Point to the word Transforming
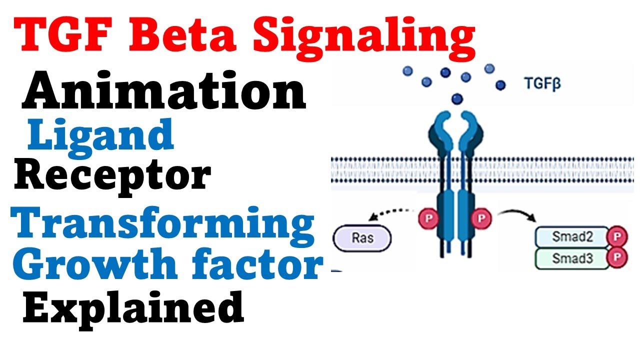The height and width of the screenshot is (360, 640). pos(165,224)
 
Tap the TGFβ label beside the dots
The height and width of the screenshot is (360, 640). pos(542,83)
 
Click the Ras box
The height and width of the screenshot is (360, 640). pos(362,237)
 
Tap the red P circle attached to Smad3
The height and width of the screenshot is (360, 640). pos(616,257)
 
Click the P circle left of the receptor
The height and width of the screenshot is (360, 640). pos(427,219)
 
